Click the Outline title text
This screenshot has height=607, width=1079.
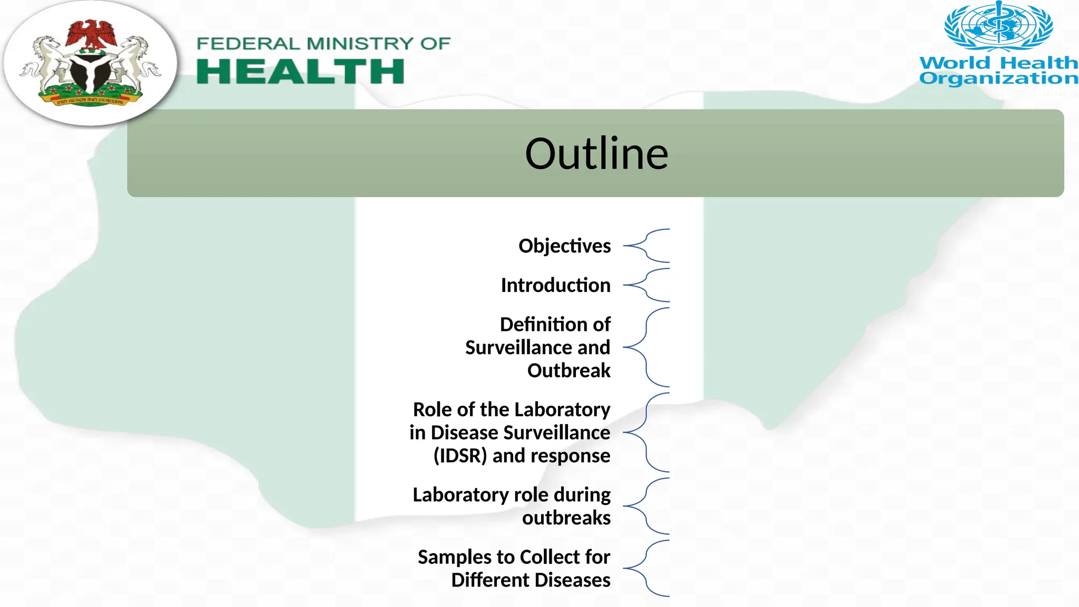coord(596,154)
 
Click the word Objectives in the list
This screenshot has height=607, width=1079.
coord(564,246)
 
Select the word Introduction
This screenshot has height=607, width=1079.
coord(555,286)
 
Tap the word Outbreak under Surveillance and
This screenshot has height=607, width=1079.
coord(568,371)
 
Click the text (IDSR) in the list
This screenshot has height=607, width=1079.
coord(460,456)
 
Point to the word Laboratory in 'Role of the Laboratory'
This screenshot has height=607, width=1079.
coord(562,409)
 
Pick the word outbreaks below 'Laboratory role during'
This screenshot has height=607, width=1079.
coord(566,518)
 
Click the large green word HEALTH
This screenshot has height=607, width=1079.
coord(300,72)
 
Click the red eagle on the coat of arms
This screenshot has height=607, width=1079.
coord(91,35)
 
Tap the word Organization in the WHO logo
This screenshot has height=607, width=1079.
coord(998,79)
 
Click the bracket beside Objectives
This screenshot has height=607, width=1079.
coord(647,246)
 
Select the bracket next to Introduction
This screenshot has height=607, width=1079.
coord(647,285)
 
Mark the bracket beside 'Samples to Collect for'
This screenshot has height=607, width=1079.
coord(647,569)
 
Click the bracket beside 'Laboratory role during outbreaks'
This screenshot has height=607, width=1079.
coord(647,506)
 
